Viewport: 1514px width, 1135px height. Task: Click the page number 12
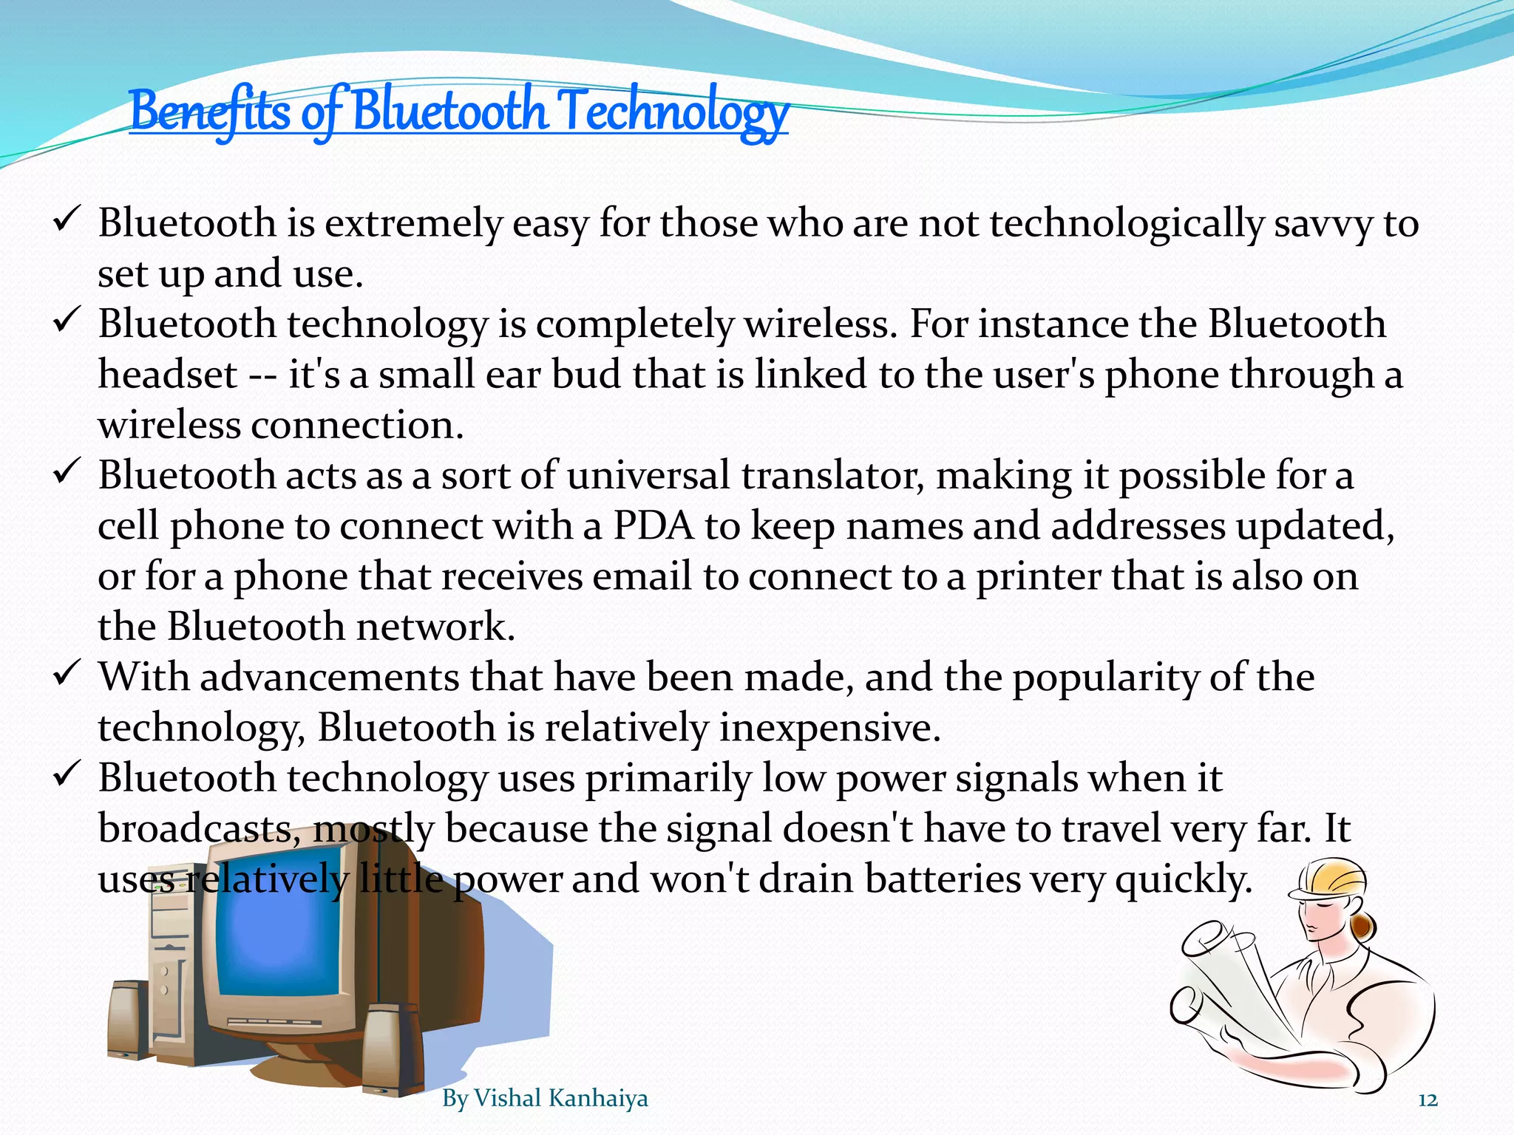pyautogui.click(x=1428, y=1100)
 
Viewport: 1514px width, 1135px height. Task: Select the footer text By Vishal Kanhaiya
pyautogui.click(x=545, y=1099)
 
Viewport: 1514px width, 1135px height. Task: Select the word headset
pyautogui.click(x=168, y=375)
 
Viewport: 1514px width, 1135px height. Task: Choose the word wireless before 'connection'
pyautogui.click(x=169, y=426)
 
